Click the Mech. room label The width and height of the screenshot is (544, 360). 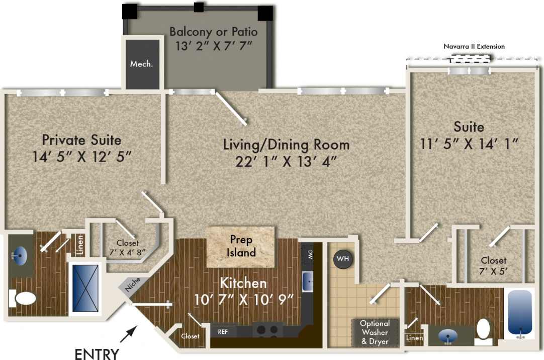[141, 64]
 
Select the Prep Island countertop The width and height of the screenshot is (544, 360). [241, 246]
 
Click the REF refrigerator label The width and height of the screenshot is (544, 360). [223, 331]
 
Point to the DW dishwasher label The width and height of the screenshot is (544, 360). [309, 254]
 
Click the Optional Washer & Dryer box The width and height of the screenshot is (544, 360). [375, 332]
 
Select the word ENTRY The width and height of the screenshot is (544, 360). [97, 353]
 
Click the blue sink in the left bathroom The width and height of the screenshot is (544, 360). [20, 256]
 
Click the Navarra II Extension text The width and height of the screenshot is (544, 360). [474, 46]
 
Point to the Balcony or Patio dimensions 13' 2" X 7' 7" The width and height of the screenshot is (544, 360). [213, 46]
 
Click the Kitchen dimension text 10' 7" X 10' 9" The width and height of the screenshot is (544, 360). [243, 300]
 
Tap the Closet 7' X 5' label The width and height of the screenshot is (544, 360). [493, 265]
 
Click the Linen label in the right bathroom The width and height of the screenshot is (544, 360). [414, 338]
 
